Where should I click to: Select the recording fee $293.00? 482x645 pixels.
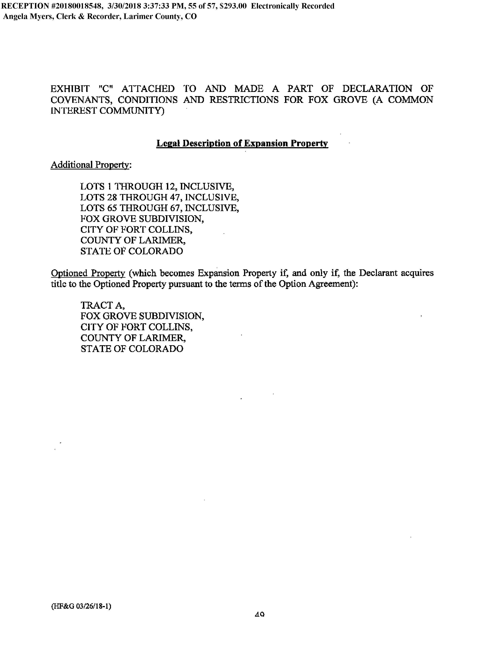[233, 6]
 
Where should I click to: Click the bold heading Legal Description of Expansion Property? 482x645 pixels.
[242, 143]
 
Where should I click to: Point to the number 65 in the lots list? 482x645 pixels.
[112, 208]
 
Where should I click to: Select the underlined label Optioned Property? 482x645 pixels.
[88, 273]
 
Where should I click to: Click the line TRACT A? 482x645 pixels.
[103, 305]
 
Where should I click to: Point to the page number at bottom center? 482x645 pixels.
[259, 614]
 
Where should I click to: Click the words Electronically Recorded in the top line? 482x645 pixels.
[293, 6]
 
